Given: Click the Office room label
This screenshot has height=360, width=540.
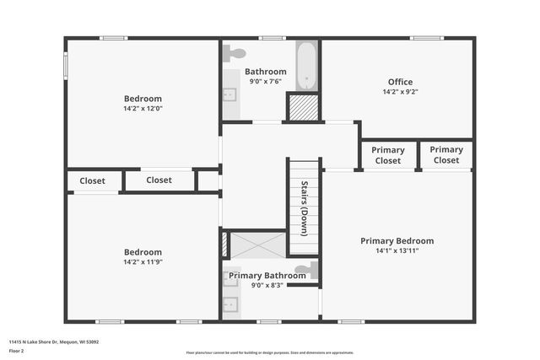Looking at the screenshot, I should pyautogui.click(x=400, y=82).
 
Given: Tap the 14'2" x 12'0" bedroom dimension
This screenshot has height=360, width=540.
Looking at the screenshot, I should pyautogui.click(x=143, y=109).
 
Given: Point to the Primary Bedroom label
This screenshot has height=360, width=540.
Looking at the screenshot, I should pyautogui.click(x=397, y=240).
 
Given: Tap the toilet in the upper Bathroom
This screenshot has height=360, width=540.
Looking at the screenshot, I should pyautogui.click(x=235, y=53).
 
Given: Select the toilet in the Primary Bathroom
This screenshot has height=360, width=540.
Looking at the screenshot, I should pyautogui.click(x=312, y=271).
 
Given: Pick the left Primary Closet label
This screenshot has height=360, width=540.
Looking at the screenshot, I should pyautogui.click(x=388, y=155).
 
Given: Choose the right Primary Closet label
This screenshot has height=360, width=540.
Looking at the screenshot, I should pyautogui.click(x=446, y=155).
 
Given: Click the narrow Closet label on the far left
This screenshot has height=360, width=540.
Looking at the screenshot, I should pyautogui.click(x=92, y=180).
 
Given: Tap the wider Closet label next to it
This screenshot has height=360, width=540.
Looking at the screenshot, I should pyautogui.click(x=159, y=180).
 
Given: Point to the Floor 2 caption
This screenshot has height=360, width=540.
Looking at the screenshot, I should pyautogui.click(x=17, y=351).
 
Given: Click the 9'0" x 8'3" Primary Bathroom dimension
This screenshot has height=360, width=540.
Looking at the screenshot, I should pyautogui.click(x=267, y=286).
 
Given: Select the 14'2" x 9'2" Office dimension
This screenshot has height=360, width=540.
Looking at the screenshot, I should pyautogui.click(x=400, y=92).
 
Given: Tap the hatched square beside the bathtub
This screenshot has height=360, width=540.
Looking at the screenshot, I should pyautogui.click(x=301, y=107).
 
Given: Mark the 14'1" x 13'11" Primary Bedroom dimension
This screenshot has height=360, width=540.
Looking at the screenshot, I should pyautogui.click(x=397, y=250).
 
